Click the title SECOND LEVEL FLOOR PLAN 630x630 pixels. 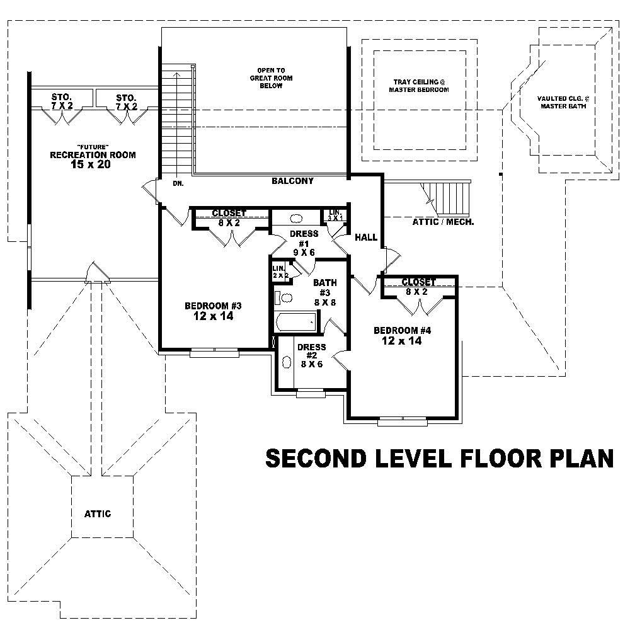coord(439,459)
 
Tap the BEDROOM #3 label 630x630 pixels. coord(213,311)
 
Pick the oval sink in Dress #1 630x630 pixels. coord(295,220)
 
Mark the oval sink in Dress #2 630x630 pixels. coord(286,363)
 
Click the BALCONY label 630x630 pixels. coord(292,181)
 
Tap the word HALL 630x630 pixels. coord(366,238)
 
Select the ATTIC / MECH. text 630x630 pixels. coord(444,222)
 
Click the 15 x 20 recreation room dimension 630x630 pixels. coord(93,165)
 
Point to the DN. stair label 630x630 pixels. coord(178,185)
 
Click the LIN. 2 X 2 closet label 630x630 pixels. coord(279,272)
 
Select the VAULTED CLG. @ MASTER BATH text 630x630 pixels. coord(563,102)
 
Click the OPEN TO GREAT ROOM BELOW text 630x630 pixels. coord(270,77)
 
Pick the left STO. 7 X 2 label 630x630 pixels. coord(62,101)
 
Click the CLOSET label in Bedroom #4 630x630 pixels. coord(418,283)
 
